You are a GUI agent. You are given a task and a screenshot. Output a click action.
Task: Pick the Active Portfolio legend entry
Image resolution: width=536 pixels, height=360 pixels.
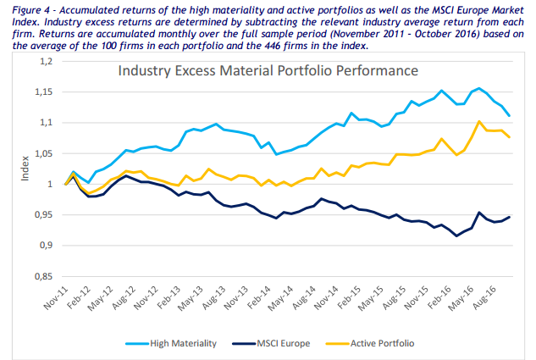pyautogui.click(x=401, y=343)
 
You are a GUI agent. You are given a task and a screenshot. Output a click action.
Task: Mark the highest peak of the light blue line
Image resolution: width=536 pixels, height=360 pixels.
pyautogui.click(x=479, y=88)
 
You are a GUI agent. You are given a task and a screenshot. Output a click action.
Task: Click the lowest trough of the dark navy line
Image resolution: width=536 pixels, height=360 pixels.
pyautogui.click(x=456, y=235)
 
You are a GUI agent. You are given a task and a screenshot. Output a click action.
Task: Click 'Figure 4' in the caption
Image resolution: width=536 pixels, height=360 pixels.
pyautogui.click(x=25, y=8)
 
